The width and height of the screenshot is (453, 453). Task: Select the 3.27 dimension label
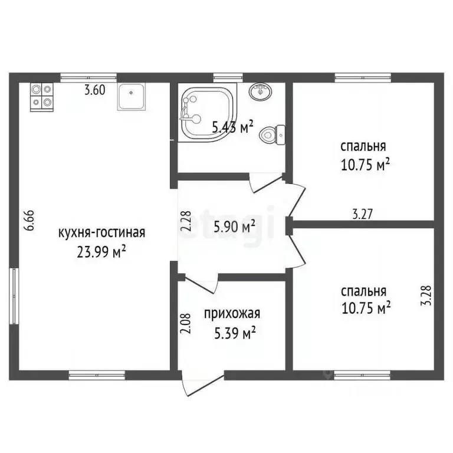(x=362, y=214)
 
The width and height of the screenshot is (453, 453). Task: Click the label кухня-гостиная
(x=101, y=232)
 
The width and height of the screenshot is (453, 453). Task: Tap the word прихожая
(x=232, y=314)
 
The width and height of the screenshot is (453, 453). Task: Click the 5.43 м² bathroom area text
(x=232, y=125)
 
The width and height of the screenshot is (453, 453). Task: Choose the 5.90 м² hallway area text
(x=234, y=225)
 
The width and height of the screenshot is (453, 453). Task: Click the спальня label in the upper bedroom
(x=363, y=146)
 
